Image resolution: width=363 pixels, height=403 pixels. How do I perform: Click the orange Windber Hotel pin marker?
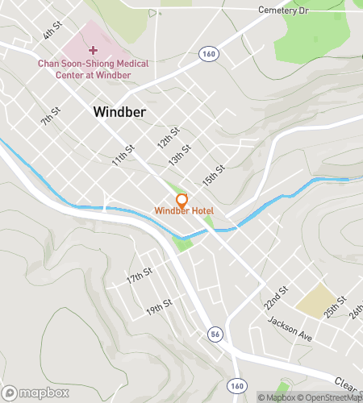tap(181, 199)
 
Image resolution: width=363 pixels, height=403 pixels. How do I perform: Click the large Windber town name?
tap(119, 112)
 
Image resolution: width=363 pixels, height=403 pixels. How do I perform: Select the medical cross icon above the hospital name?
tap(94, 50)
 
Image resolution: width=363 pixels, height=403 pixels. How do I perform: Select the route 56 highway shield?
tap(215, 332)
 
